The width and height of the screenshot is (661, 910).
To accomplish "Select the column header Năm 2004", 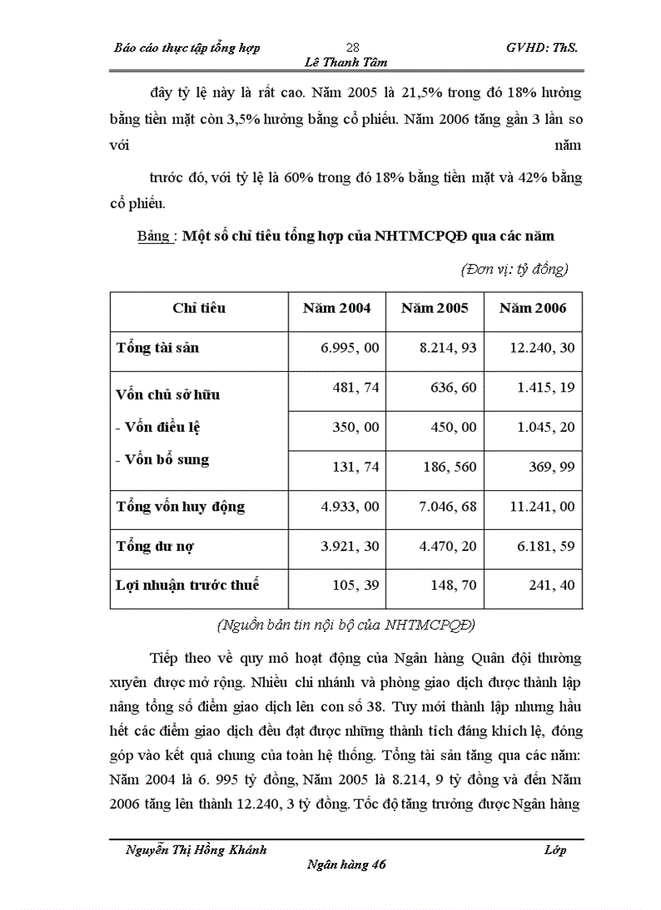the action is pos(337,308).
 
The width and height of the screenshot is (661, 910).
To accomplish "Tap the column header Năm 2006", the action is pos(533,308).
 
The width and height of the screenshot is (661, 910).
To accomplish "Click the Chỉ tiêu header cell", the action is pos(199,308).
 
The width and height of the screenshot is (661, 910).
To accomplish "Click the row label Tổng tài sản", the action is pos(158,348).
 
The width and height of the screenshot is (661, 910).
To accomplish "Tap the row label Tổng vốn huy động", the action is pos(181,506).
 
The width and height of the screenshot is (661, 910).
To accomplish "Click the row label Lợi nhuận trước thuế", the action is pos(188,584).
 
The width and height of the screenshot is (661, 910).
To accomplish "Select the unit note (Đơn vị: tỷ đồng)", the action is pos(514,269).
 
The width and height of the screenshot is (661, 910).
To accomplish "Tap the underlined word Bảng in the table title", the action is pos(153,237).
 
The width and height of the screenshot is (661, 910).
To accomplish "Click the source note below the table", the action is pos(346,625).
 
